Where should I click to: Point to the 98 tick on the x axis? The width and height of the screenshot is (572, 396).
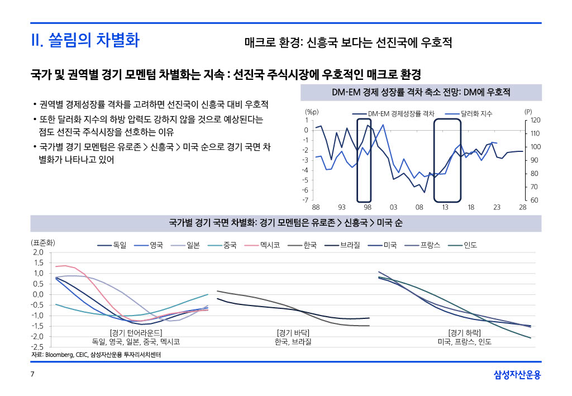[368, 207]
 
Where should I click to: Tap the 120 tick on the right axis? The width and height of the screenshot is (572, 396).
[535, 120]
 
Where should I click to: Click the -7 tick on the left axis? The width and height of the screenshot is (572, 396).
[306, 200]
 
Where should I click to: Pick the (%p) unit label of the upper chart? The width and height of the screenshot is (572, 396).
[311, 112]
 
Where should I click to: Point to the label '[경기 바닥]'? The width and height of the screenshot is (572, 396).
[293, 333]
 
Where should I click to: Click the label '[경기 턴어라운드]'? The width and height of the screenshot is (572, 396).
[136, 333]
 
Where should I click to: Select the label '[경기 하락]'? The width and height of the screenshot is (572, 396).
[464, 333]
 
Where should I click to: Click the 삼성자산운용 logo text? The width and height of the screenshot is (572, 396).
[517, 374]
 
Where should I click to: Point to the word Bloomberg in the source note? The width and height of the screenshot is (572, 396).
[58, 355]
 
